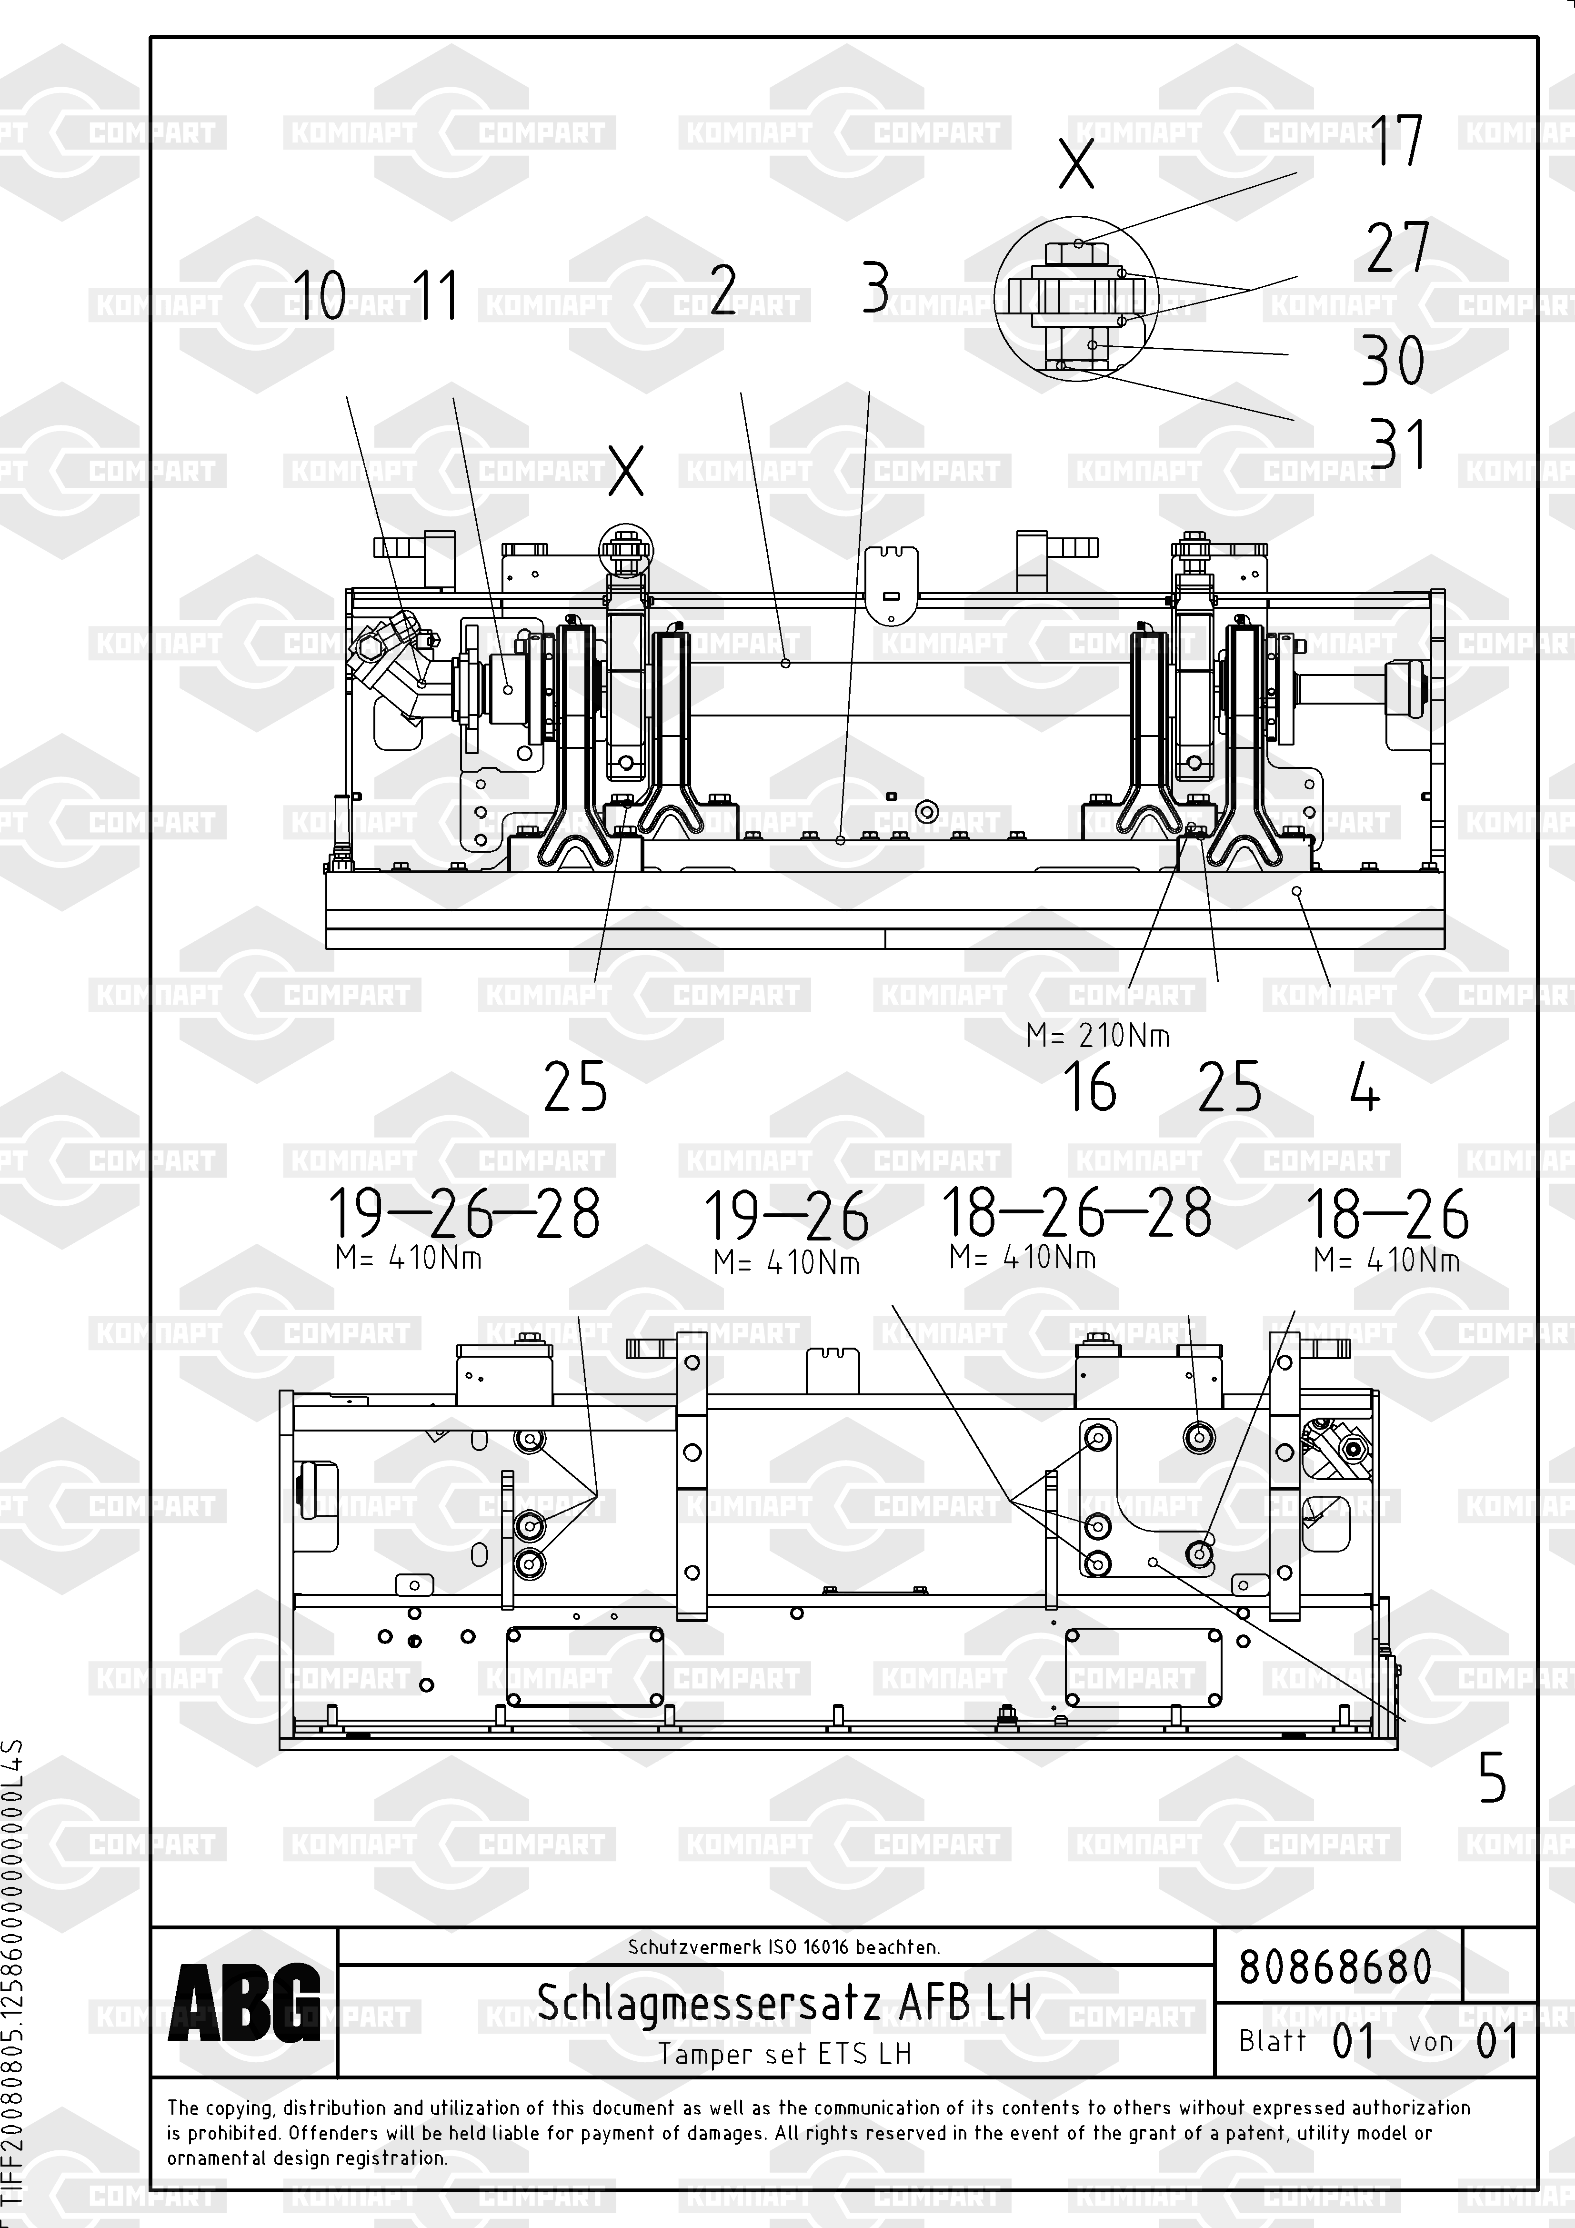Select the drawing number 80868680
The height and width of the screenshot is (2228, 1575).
click(x=1335, y=1967)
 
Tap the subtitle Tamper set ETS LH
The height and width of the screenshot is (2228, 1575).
click(x=784, y=2053)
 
